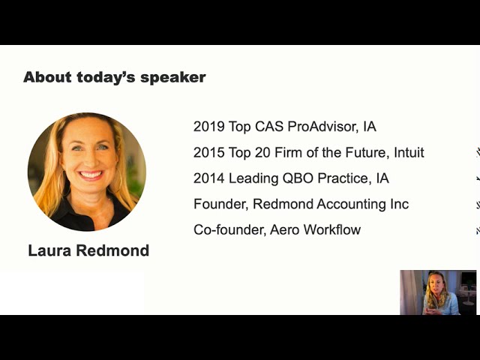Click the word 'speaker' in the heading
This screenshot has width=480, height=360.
(173, 78)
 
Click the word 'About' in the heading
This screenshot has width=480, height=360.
(47, 76)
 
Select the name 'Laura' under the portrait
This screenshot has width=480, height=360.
(49, 250)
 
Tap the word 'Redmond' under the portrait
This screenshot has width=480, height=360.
(112, 250)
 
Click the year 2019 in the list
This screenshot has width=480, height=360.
(209, 127)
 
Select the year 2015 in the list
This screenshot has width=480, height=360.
(209, 152)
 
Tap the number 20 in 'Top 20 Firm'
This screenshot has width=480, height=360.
(262, 152)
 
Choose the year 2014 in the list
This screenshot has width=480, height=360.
(209, 178)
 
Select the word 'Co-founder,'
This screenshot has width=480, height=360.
(229, 230)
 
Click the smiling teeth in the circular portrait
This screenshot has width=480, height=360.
(91, 175)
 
